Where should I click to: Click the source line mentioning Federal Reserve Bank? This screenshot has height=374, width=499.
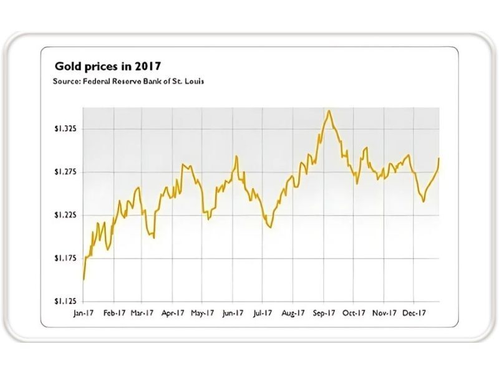pyautogui.click(x=128, y=81)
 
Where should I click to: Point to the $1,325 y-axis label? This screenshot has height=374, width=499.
pyautogui.click(x=65, y=129)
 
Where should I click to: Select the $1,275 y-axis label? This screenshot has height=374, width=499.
pyautogui.click(x=65, y=172)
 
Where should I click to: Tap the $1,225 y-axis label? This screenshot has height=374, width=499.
pyautogui.click(x=65, y=215)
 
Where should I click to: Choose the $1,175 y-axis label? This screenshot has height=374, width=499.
pyautogui.click(x=65, y=258)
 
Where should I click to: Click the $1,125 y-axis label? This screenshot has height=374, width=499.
pyautogui.click(x=65, y=301)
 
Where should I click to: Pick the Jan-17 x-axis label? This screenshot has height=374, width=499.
pyautogui.click(x=83, y=313)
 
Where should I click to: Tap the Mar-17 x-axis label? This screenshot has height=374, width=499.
pyautogui.click(x=143, y=313)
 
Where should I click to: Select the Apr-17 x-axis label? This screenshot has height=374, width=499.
pyautogui.click(x=173, y=313)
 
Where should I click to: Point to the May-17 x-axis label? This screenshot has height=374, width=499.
pyautogui.click(x=203, y=313)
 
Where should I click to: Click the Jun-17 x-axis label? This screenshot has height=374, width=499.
pyautogui.click(x=233, y=313)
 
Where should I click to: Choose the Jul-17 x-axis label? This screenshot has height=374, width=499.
pyautogui.click(x=263, y=313)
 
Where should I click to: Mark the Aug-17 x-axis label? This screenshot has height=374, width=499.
pyautogui.click(x=293, y=313)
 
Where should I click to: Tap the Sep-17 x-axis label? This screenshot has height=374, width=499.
pyautogui.click(x=322, y=313)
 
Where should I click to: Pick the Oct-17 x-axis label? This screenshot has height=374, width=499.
pyautogui.click(x=353, y=313)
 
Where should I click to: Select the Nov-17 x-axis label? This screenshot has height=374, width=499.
pyautogui.click(x=383, y=313)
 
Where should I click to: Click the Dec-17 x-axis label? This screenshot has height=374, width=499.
pyautogui.click(x=413, y=313)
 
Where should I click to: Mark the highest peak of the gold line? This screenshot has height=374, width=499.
pyautogui.click(x=329, y=111)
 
